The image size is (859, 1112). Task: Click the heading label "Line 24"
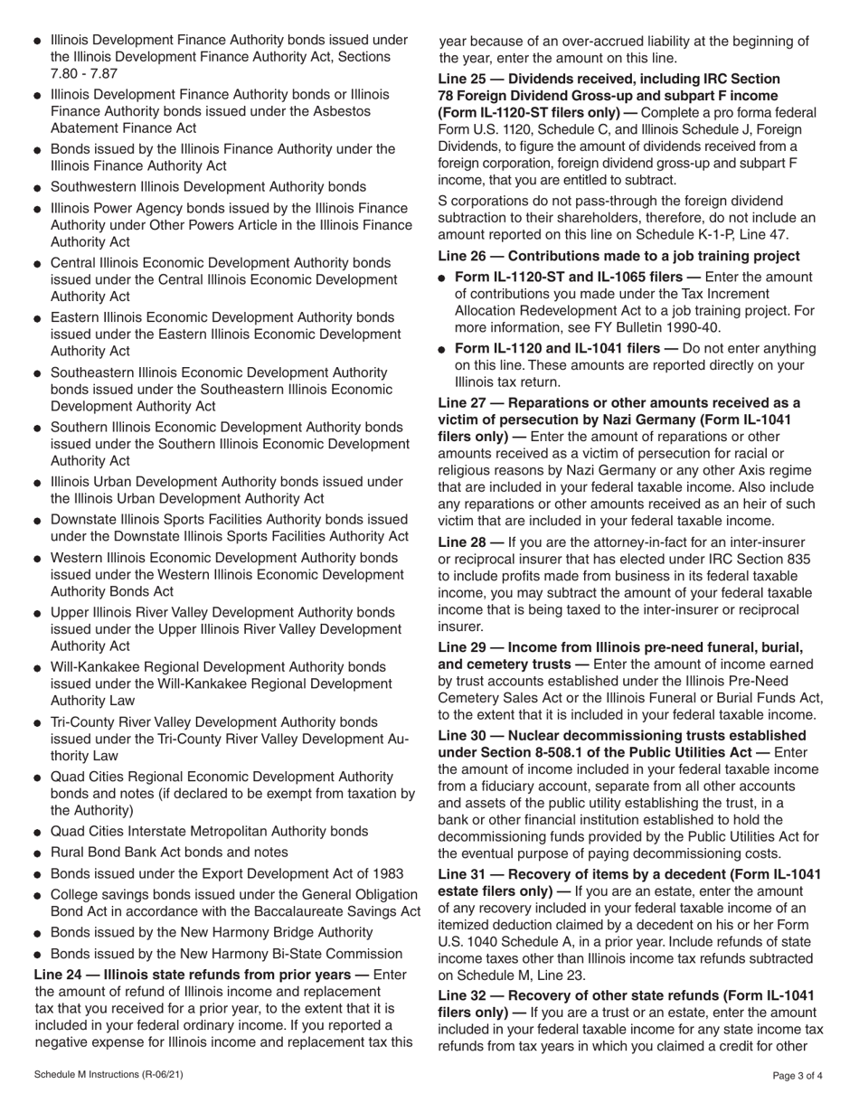click(x=60, y=975)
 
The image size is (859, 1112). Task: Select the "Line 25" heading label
click(x=465, y=80)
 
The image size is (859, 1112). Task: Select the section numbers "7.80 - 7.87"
click(x=84, y=73)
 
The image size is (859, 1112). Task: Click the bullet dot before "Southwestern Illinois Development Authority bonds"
click(x=37, y=188)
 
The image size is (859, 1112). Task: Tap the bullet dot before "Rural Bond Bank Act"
click(x=37, y=853)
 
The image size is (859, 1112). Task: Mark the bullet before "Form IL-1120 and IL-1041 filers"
click(x=442, y=350)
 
